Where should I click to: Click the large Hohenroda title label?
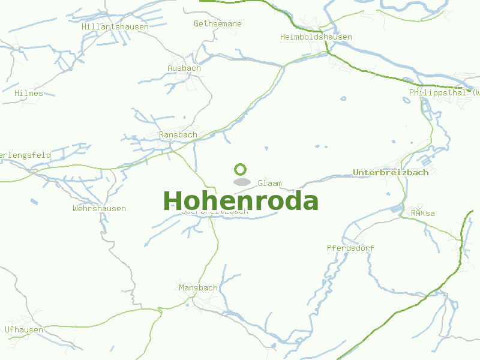click(x=241, y=200)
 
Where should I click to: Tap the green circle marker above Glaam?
click(x=241, y=169)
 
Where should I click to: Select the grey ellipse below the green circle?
click(x=241, y=181)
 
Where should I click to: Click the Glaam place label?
click(x=269, y=184)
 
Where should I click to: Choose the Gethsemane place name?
click(x=218, y=24)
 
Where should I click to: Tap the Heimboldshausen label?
click(x=316, y=37)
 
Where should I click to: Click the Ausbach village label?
click(x=184, y=68)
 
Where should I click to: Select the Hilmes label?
click(x=29, y=94)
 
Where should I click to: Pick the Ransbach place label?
click(x=178, y=135)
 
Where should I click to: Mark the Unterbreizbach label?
click(x=391, y=173)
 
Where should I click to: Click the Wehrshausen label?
click(x=99, y=209)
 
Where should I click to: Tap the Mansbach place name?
click(x=198, y=288)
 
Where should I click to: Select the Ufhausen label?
click(x=24, y=330)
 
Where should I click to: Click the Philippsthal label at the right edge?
click(x=444, y=93)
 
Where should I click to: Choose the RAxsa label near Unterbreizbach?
click(x=423, y=214)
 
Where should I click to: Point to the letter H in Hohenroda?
click(x=173, y=200)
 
